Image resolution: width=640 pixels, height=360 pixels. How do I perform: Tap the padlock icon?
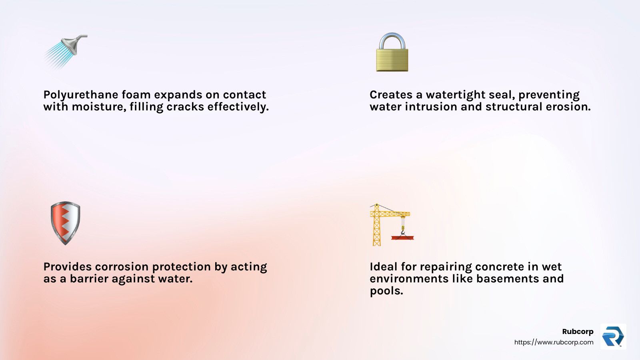(x=392, y=53)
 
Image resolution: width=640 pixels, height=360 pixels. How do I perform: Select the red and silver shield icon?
(x=66, y=223)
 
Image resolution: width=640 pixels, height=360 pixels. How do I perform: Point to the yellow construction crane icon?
(x=390, y=224)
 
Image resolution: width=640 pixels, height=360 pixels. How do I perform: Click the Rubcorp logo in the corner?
(x=613, y=336)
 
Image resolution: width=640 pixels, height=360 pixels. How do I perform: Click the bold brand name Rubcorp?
(x=578, y=331)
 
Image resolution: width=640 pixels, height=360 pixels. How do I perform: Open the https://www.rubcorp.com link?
(x=554, y=342)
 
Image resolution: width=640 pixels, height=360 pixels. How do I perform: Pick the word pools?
(x=386, y=291)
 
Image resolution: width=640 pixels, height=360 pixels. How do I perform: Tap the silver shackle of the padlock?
(x=392, y=40)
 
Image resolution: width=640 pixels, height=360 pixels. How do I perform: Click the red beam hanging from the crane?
(x=402, y=238)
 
